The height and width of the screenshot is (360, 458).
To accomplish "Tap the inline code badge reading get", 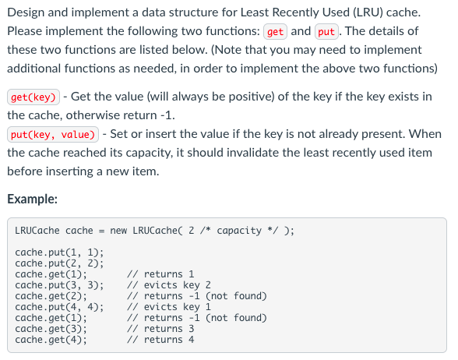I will click(275, 32).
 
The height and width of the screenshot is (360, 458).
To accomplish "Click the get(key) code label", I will click(33, 98).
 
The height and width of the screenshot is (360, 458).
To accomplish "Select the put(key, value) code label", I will click(53, 134).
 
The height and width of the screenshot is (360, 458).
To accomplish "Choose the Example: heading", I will click(32, 199).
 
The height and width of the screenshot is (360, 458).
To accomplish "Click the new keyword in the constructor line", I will click(118, 231).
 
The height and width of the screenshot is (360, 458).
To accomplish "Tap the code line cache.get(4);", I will click(51, 340).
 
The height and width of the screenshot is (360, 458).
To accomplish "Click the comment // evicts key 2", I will click(168, 285).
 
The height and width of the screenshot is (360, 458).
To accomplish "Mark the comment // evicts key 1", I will click(168, 307).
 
